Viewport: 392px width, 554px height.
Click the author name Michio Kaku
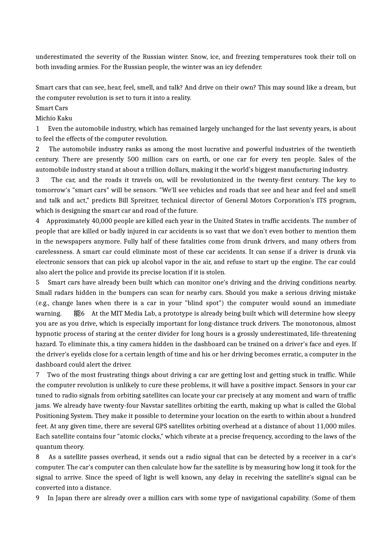[x=54, y=118]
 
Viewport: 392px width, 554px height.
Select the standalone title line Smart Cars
[x=52, y=108]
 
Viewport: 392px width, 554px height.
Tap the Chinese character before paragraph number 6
[x=77, y=313]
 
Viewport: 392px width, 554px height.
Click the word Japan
[x=64, y=498]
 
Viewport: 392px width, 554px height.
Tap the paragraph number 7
[x=38, y=375]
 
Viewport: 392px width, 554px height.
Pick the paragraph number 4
[x=38, y=221]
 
